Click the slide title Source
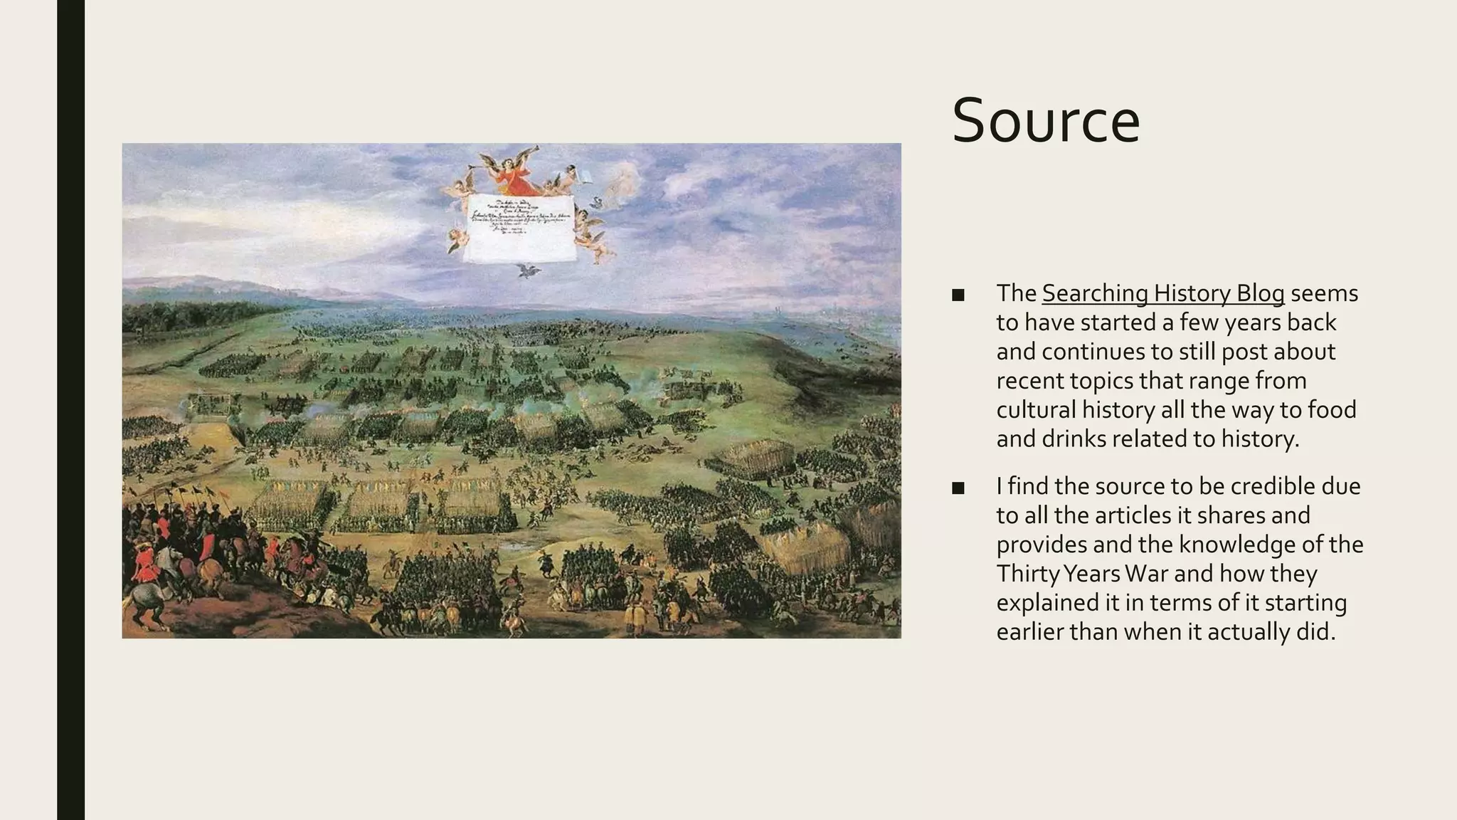pyautogui.click(x=1045, y=121)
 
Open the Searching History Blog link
pyautogui.click(x=1162, y=293)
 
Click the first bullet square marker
pyautogui.click(x=958, y=295)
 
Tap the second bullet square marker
pyautogui.click(x=958, y=488)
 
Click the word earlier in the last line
pyautogui.click(x=1029, y=632)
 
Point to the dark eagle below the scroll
pyautogui.click(x=527, y=270)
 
